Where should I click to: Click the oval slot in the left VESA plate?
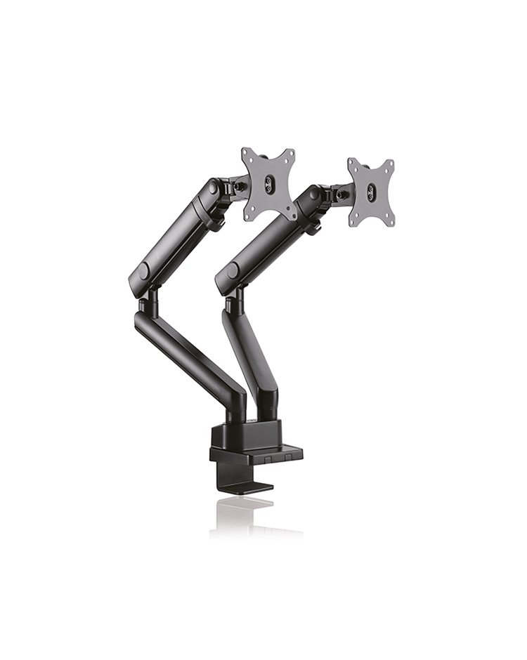(268, 184)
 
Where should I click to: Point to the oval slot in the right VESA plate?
(371, 191)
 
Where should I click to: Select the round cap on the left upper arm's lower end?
(143, 271)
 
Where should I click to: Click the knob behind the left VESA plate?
(239, 186)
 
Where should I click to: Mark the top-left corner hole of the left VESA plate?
(246, 152)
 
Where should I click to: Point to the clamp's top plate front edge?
(257, 456)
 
